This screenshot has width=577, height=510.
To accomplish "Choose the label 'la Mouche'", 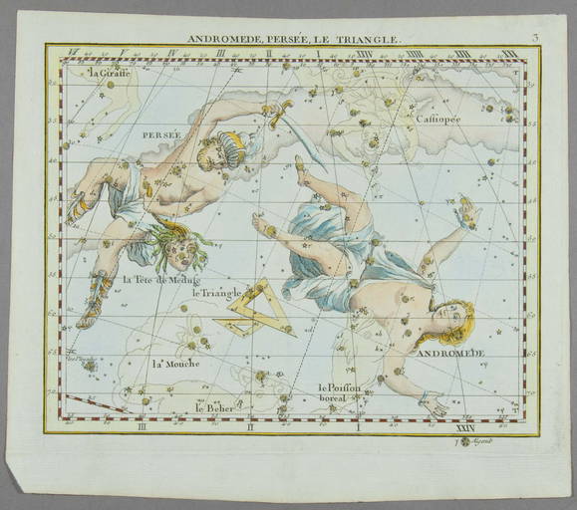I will click(175, 363).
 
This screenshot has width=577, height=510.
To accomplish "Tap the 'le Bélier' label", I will click(214, 406).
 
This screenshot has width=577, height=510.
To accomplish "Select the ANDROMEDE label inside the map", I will click(449, 354).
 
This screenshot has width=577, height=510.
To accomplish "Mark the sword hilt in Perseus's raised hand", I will click(274, 110).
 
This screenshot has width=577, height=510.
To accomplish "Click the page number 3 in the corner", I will click(535, 39).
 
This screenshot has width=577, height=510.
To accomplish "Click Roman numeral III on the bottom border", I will click(144, 427).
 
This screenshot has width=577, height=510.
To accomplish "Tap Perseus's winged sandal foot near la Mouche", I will click(93, 304).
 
